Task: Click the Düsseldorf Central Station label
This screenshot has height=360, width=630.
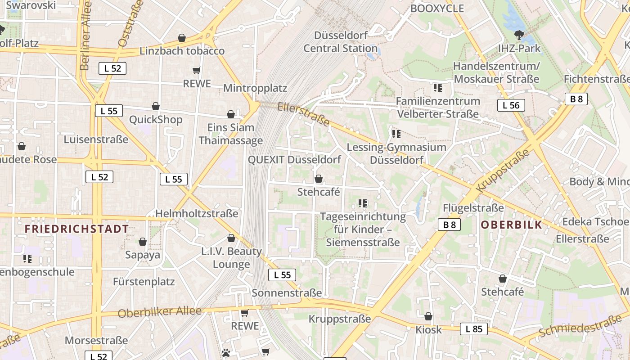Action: pos(341,42)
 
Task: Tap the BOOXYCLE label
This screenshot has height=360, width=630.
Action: pos(437,9)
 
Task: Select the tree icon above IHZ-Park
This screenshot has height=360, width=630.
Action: pos(519,35)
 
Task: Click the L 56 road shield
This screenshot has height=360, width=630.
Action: pos(511,106)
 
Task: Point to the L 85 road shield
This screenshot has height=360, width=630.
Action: pos(474,329)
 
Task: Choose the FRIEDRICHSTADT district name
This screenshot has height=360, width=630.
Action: pos(76,229)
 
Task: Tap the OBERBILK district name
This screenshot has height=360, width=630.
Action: pos(511,225)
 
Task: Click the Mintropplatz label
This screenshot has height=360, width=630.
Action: pos(255,88)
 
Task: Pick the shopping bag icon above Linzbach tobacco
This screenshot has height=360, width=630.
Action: pos(182,38)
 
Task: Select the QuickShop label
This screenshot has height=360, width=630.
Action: pos(156,120)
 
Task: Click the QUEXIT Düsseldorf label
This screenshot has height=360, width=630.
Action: pos(294,160)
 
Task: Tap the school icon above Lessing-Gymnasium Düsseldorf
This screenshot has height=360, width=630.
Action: pos(396,134)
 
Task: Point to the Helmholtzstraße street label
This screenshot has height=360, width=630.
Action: pos(197,214)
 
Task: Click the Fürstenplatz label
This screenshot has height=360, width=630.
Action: pos(144,282)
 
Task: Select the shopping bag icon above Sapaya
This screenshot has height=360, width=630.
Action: pos(143,242)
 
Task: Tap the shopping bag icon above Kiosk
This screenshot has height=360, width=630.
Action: pos(428,316)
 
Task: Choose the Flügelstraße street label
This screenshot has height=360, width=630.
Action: pos(473,208)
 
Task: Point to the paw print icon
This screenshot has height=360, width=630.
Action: pos(226,353)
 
